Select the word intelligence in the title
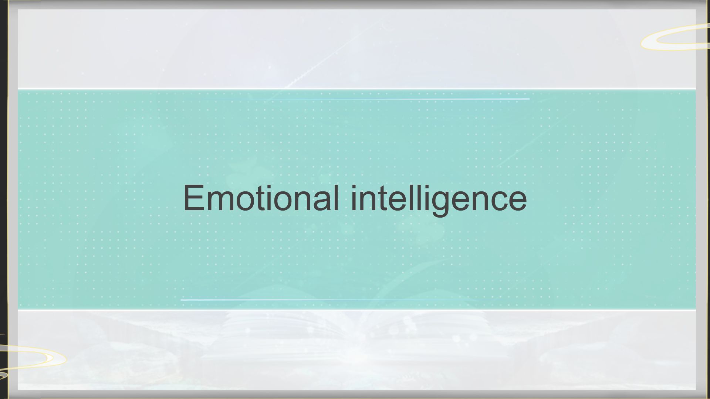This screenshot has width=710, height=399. (x=439, y=199)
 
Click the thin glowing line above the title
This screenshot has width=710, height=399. (x=388, y=99)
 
